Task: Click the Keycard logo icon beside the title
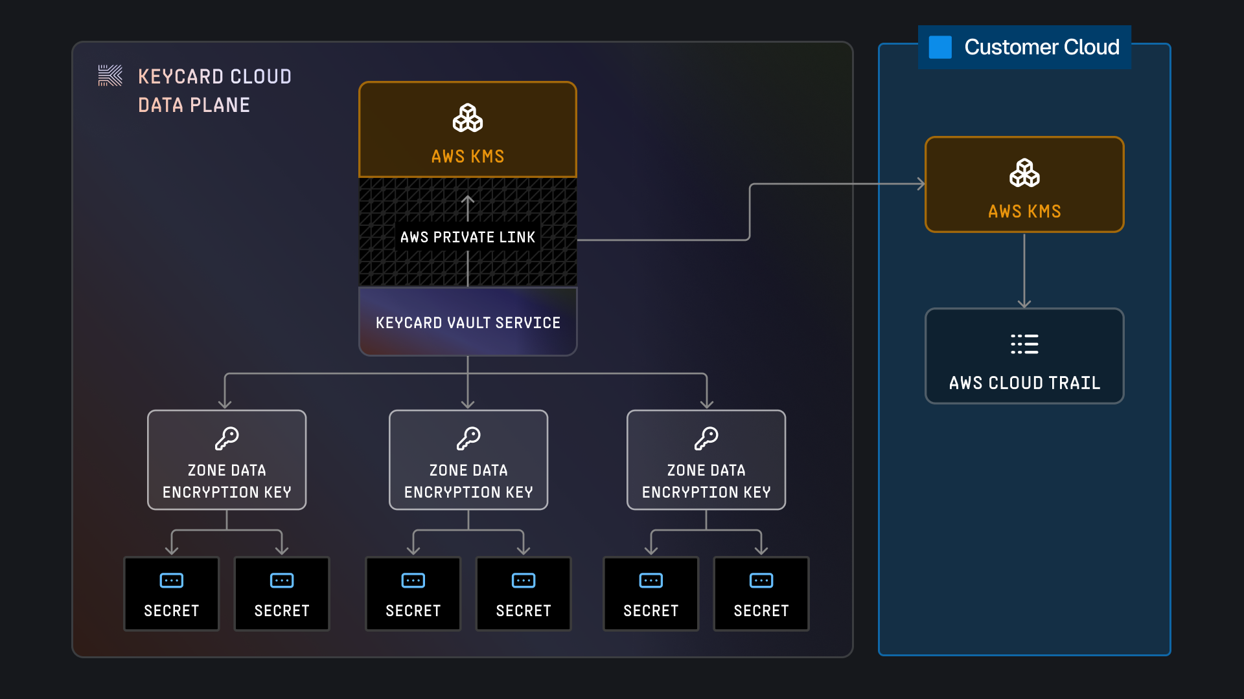click(110, 76)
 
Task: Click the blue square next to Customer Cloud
click(940, 47)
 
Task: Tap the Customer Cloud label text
click(1041, 47)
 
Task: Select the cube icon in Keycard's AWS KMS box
click(468, 118)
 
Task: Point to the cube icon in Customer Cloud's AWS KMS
click(1024, 173)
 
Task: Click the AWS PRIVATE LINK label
click(468, 238)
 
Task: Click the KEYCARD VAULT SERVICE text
click(468, 323)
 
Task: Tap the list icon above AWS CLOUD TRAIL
click(1024, 344)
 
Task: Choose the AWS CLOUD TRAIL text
click(1024, 383)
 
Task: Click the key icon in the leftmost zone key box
click(227, 438)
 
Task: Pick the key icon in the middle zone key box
click(468, 438)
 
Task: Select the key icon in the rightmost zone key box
click(706, 438)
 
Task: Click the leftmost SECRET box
click(172, 594)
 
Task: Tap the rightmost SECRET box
click(761, 594)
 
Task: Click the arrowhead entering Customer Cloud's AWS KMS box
click(921, 184)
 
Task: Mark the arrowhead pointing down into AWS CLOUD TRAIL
click(1024, 303)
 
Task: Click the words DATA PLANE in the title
click(194, 105)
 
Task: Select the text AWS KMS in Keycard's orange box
click(468, 157)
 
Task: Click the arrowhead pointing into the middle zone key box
click(468, 404)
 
